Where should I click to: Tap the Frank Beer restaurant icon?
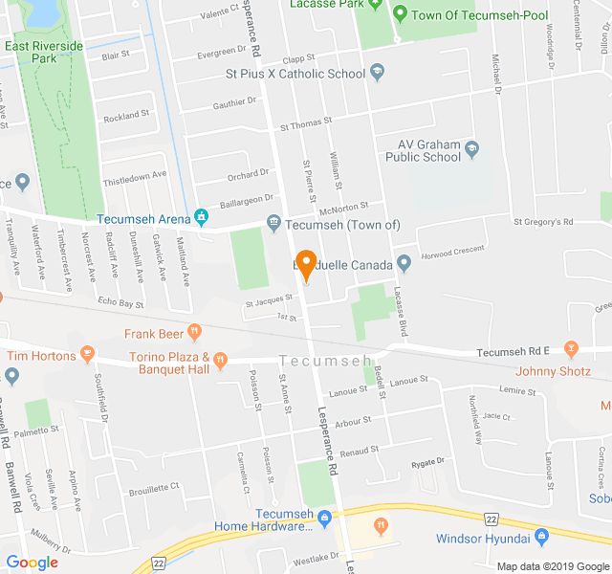tap(195, 333)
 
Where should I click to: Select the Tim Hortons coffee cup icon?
tap(88, 356)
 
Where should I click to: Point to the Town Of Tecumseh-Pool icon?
tap(400, 13)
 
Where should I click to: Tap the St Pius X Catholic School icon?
tap(378, 74)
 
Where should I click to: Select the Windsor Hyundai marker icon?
tap(541, 538)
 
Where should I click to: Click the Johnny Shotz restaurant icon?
tap(572, 347)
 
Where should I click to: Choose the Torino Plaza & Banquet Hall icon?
tap(220, 362)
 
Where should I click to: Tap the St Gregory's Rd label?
tap(542, 222)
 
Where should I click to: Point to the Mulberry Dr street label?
tap(51, 542)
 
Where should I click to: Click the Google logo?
tap(33, 563)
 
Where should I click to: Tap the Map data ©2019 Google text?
tap(552, 565)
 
